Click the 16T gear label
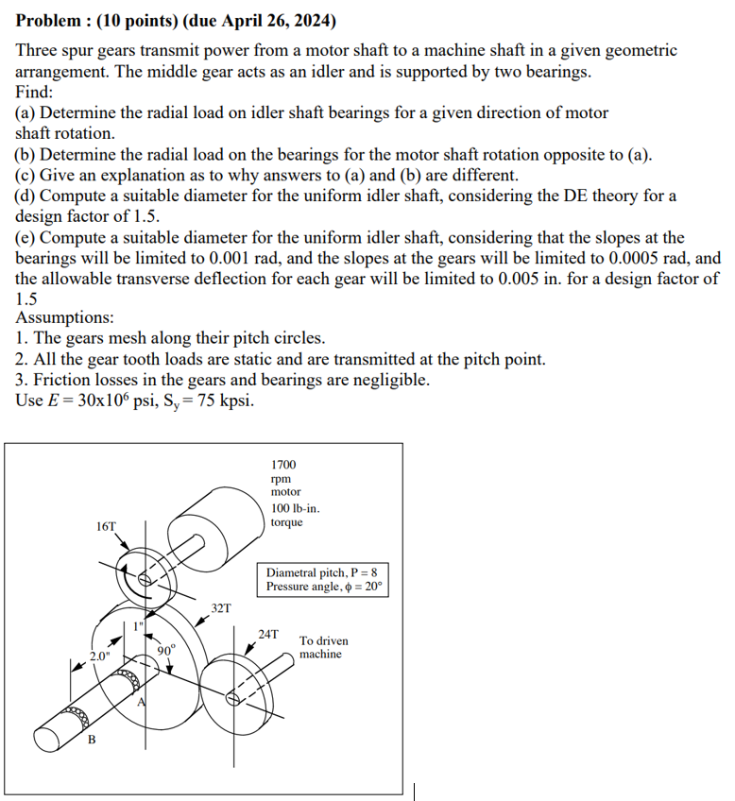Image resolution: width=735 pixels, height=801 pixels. tap(106, 525)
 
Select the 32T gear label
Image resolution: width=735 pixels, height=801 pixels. tap(220, 607)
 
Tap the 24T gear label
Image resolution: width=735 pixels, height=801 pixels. tap(268, 633)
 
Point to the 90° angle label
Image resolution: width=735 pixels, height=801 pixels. tap(167, 650)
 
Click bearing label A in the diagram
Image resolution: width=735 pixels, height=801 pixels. tap(142, 701)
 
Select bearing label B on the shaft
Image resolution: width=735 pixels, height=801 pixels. tap(92, 740)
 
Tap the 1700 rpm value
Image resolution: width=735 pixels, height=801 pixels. tap(283, 465)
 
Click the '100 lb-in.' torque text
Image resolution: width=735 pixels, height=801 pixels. tap(295, 509)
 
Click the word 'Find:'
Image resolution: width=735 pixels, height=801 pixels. tap(35, 93)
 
